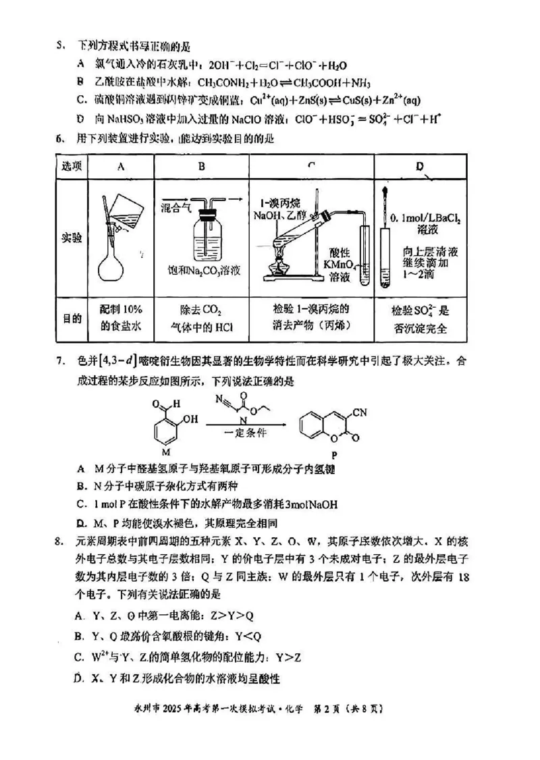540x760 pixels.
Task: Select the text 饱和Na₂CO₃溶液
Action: (205, 271)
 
